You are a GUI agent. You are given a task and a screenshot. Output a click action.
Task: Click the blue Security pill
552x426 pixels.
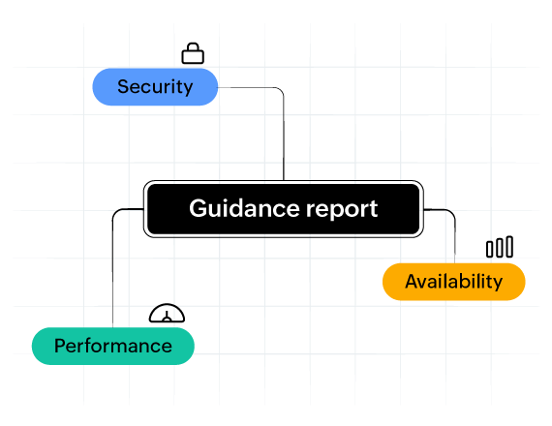point(155,86)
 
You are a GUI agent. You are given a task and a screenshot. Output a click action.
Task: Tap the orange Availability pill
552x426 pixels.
point(454,282)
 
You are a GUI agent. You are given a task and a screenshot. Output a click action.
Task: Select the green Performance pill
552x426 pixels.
point(113,346)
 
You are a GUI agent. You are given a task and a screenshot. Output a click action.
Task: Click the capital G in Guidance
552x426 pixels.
point(197,208)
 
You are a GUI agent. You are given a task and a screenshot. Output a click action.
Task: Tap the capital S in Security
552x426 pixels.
point(123,86)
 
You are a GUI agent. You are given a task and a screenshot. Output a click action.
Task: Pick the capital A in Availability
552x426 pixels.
point(412,282)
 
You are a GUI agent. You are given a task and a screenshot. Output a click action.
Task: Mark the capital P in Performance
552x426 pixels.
point(60,346)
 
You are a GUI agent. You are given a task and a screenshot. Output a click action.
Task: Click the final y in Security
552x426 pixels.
point(188,89)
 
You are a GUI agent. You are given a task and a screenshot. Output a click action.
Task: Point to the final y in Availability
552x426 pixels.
point(498,285)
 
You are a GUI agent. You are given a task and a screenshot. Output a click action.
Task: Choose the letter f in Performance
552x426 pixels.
point(90,345)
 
